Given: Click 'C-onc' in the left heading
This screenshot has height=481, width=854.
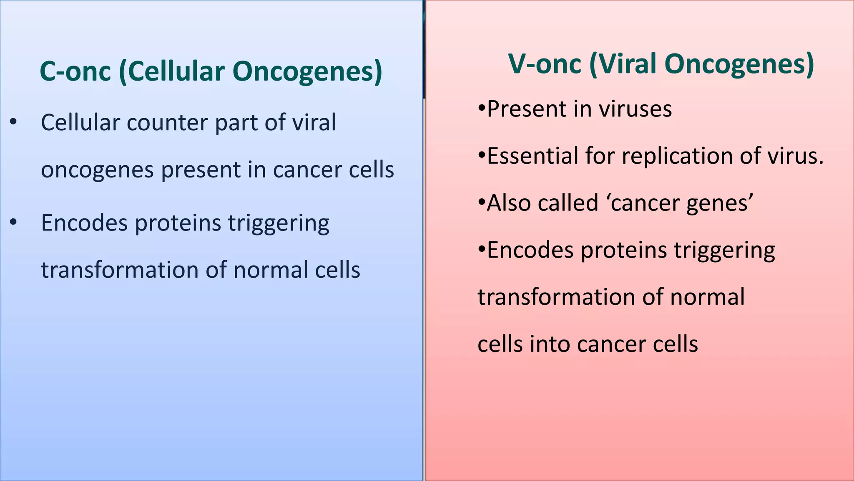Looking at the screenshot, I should point(75,71).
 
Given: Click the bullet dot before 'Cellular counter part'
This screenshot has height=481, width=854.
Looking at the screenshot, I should point(13,122).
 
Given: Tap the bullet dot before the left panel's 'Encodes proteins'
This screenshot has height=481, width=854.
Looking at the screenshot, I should point(13,223).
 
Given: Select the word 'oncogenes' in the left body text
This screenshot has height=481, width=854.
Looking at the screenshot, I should point(97,170).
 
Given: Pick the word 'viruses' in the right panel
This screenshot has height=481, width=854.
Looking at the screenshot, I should point(635,109).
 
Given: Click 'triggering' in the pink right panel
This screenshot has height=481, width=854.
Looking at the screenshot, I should point(724,251).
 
